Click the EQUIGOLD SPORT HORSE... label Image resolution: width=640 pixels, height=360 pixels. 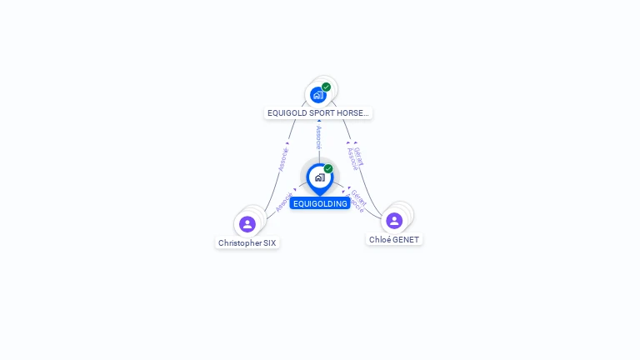[x=318, y=112]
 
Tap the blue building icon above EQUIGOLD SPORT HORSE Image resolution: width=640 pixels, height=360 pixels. [x=317, y=95]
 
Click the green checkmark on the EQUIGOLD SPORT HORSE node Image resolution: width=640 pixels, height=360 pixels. [x=327, y=87]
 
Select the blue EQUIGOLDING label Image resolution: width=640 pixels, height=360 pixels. [x=320, y=203]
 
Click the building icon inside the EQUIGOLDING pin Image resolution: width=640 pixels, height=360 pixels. [x=319, y=177]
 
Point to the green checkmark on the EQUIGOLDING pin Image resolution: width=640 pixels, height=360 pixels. [x=328, y=169]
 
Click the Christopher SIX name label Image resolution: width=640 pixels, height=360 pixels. [x=247, y=243]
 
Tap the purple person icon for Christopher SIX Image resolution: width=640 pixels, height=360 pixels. [x=247, y=223]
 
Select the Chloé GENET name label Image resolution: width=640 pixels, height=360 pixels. [x=394, y=239]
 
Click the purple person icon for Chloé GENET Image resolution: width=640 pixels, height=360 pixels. [x=394, y=220]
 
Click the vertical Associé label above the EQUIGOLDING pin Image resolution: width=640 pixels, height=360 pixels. [x=318, y=137]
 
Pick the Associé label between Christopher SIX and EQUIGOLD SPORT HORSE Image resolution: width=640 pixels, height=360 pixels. [x=282, y=159]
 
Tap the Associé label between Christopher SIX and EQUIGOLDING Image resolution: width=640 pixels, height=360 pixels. [x=284, y=202]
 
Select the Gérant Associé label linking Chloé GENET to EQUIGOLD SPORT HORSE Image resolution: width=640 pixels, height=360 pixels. [x=356, y=157]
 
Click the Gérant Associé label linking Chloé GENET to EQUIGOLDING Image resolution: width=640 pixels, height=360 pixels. [x=356, y=200]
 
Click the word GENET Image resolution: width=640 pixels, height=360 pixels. [x=406, y=239]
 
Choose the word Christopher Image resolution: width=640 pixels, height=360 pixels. [x=238, y=243]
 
